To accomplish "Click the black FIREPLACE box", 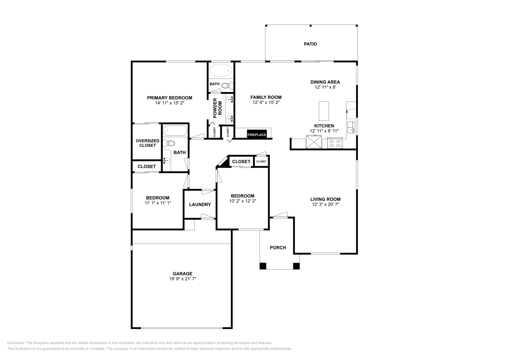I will click(257, 135).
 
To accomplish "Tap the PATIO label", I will click(310, 44).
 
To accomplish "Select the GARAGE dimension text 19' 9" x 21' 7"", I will click(182, 279).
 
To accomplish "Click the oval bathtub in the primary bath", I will click(221, 70).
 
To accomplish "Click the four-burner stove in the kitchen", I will click(335, 143).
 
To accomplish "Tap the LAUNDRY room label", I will click(200, 204).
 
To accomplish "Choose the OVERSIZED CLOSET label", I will click(147, 143).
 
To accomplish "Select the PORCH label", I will click(278, 247).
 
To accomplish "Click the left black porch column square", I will click(263, 266).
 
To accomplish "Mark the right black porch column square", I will click(296, 266).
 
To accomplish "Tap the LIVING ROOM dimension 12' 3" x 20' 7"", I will click(325, 204).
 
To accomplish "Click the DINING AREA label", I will click(325, 82).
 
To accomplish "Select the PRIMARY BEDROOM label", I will click(169, 98).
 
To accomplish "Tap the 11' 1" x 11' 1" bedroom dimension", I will click(158, 203).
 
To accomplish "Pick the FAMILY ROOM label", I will click(266, 97).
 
